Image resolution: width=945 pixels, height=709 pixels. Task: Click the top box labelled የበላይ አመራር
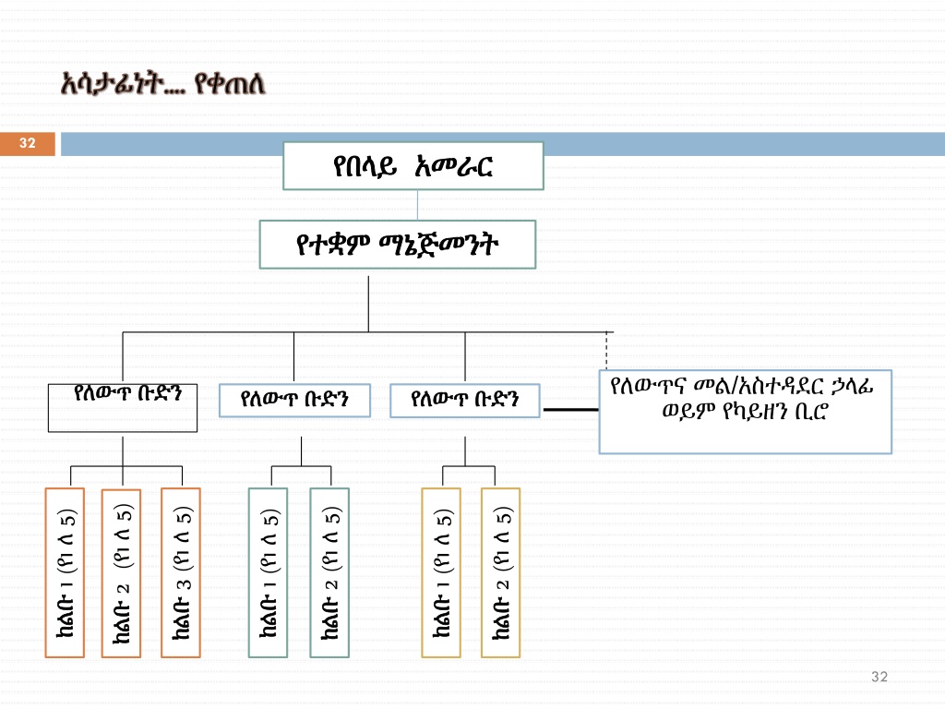(413, 166)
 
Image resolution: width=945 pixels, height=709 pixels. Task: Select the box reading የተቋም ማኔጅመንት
(398, 245)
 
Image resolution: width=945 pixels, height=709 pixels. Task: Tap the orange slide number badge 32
(28, 143)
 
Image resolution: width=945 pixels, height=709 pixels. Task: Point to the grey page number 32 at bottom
(879, 678)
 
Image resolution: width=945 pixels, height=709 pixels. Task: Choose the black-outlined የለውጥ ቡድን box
(123, 408)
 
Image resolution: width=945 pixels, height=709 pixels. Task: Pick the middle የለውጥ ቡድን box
(293, 401)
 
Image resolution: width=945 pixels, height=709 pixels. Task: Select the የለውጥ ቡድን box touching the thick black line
(464, 401)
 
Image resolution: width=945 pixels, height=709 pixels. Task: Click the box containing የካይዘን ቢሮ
(745, 411)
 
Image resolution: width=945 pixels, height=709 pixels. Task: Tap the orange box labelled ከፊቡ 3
(181, 572)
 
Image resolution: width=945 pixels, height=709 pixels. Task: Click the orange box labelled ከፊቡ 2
(121, 572)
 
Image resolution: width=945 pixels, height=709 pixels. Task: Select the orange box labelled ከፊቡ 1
(65, 572)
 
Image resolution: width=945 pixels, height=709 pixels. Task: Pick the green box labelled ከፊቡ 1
(268, 572)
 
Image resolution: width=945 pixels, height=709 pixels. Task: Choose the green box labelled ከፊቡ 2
(329, 572)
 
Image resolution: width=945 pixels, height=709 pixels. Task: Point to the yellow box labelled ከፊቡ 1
(441, 572)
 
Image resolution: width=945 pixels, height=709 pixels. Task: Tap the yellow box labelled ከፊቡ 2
(501, 572)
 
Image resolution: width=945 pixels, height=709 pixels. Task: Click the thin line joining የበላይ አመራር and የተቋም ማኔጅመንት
(418, 205)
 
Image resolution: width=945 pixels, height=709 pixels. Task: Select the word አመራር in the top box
(455, 166)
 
